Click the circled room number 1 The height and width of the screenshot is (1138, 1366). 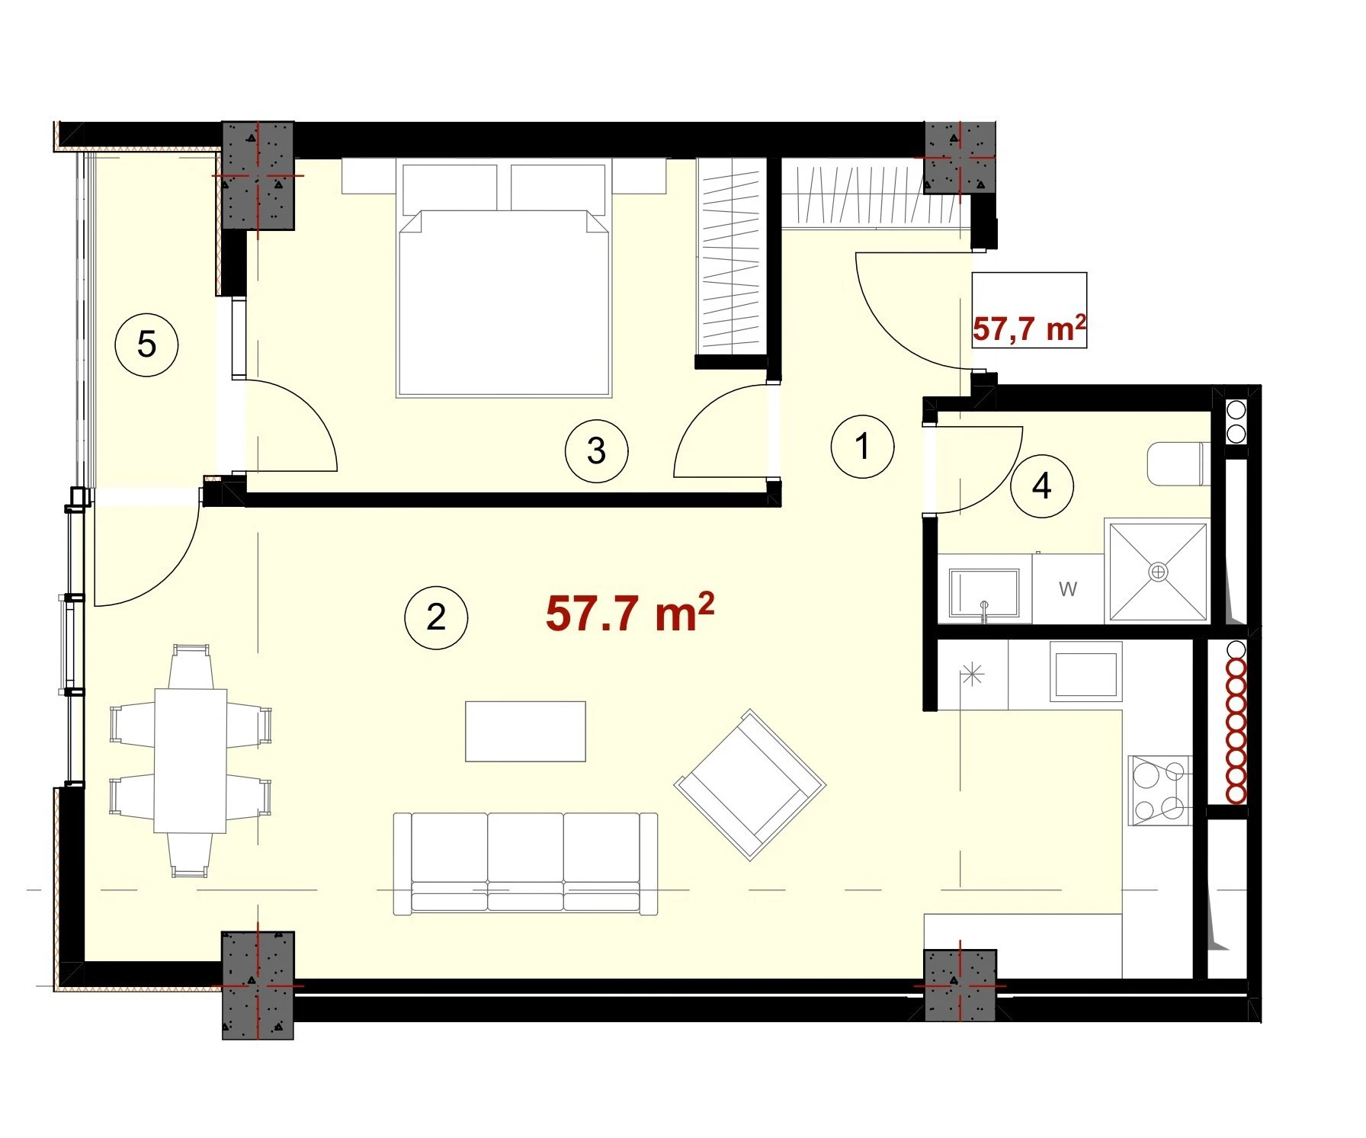862,447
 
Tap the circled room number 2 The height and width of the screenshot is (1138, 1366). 436,617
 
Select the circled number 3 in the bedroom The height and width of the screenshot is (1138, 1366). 597,451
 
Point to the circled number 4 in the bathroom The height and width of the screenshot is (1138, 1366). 1042,486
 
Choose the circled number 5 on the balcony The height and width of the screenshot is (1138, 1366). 146,345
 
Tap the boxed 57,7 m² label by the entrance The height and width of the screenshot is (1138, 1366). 1029,329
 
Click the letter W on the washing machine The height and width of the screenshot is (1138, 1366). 1068,588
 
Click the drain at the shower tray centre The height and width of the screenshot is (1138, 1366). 1159,571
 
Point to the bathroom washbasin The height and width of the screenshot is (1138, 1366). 984,593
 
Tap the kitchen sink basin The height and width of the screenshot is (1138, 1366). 1086,671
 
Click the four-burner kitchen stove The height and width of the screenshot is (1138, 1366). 1159,790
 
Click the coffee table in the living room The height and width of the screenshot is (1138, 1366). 526,732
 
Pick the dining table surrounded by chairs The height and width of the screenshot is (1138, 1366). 191,761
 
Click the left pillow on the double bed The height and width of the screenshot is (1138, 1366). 450,187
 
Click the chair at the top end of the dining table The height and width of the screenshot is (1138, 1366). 190,666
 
